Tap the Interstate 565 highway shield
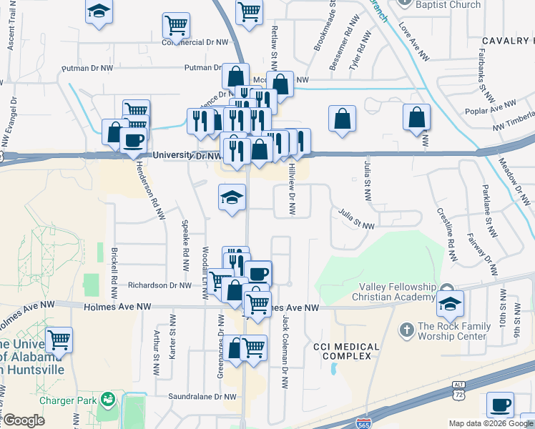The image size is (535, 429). [x=365, y=423]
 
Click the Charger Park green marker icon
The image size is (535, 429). [x=108, y=398]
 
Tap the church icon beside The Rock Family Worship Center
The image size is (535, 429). [x=407, y=330]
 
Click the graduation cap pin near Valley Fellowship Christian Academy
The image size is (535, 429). [x=450, y=303]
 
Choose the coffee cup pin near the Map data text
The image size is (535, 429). [x=500, y=405]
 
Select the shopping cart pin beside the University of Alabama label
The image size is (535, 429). [x=59, y=340]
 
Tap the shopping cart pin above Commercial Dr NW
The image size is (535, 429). [x=176, y=25]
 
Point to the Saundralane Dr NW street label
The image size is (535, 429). [x=191, y=396]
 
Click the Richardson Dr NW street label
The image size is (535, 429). [x=160, y=285]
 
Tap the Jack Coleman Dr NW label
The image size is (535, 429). [x=285, y=351]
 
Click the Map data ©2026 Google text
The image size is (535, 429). [x=491, y=423]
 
